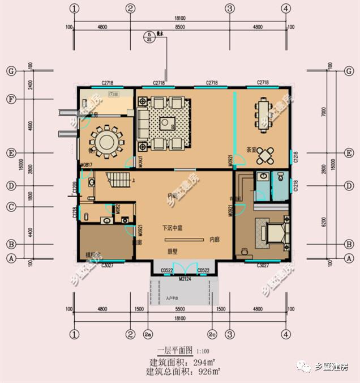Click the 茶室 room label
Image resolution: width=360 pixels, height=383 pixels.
(252, 150)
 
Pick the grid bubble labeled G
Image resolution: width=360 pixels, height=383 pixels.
(10, 71)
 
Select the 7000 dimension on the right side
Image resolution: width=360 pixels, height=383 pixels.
(322, 112)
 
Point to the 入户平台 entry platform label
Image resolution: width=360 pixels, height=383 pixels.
(173, 297)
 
